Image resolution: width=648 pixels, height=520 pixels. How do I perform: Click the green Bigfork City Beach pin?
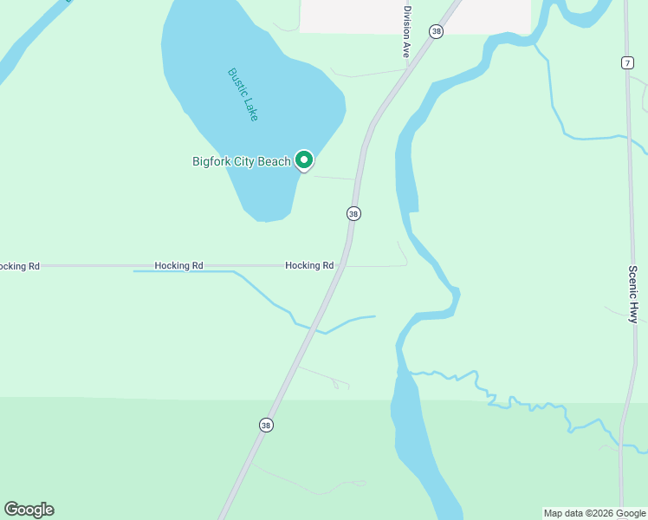tap(303, 160)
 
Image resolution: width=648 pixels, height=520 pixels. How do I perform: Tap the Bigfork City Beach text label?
tap(241, 162)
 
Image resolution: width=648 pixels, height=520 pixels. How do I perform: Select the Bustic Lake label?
tap(243, 94)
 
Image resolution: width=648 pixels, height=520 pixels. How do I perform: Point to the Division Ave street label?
tap(405, 33)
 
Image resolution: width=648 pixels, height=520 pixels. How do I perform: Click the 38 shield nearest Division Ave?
tap(436, 31)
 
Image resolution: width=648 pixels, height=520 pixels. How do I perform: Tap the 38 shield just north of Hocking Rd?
tap(353, 213)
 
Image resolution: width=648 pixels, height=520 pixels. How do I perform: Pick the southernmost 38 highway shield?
tap(266, 425)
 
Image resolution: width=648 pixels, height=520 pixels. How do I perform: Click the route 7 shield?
tap(626, 62)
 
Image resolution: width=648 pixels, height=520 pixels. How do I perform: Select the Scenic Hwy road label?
tap(633, 294)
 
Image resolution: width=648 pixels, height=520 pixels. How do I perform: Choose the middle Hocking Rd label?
tap(178, 266)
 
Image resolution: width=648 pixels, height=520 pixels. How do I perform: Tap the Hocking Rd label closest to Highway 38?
tap(309, 266)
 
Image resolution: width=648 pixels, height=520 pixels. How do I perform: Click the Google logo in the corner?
tap(29, 510)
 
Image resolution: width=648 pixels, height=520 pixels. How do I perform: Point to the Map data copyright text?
tap(594, 513)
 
